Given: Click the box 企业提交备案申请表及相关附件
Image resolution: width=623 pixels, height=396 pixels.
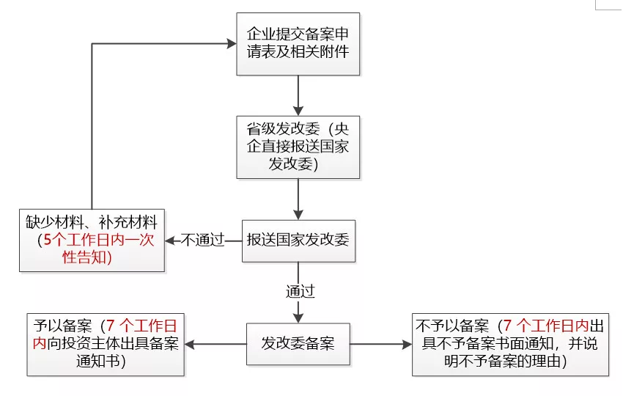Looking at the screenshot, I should [x=298, y=43].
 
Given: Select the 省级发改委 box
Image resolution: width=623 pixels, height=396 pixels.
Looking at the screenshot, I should [x=298, y=147].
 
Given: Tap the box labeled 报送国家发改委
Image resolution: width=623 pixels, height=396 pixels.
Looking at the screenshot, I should [x=298, y=240].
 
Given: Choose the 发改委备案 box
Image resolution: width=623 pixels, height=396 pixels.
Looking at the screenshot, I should [x=298, y=342].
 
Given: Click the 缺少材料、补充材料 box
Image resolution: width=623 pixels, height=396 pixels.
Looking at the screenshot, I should [x=92, y=239].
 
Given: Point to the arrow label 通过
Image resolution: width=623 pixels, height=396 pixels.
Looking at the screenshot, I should [x=300, y=291].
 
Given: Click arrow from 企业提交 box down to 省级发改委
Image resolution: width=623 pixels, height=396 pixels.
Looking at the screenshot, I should [x=298, y=94].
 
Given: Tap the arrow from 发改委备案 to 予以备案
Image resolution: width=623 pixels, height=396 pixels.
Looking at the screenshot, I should [x=216, y=343].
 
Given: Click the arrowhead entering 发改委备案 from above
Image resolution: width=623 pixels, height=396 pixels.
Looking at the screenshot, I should [x=298, y=317].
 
